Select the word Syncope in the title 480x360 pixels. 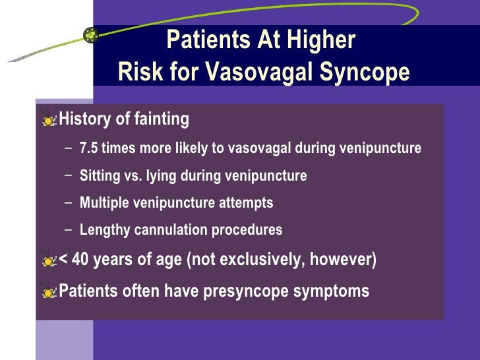tap(367, 72)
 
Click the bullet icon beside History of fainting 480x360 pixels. tap(49, 120)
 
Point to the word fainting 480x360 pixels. tap(162, 119)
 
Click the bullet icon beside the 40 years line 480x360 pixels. tap(49, 260)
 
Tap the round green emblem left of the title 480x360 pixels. tap(92, 36)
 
